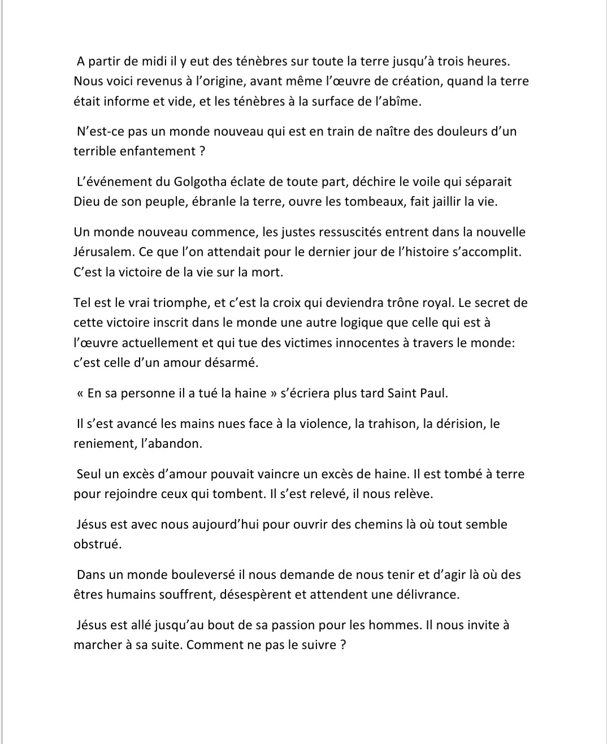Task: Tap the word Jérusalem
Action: point(103,252)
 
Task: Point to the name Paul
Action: point(434,393)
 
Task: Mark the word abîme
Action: point(402,101)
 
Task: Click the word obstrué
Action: point(97,544)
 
